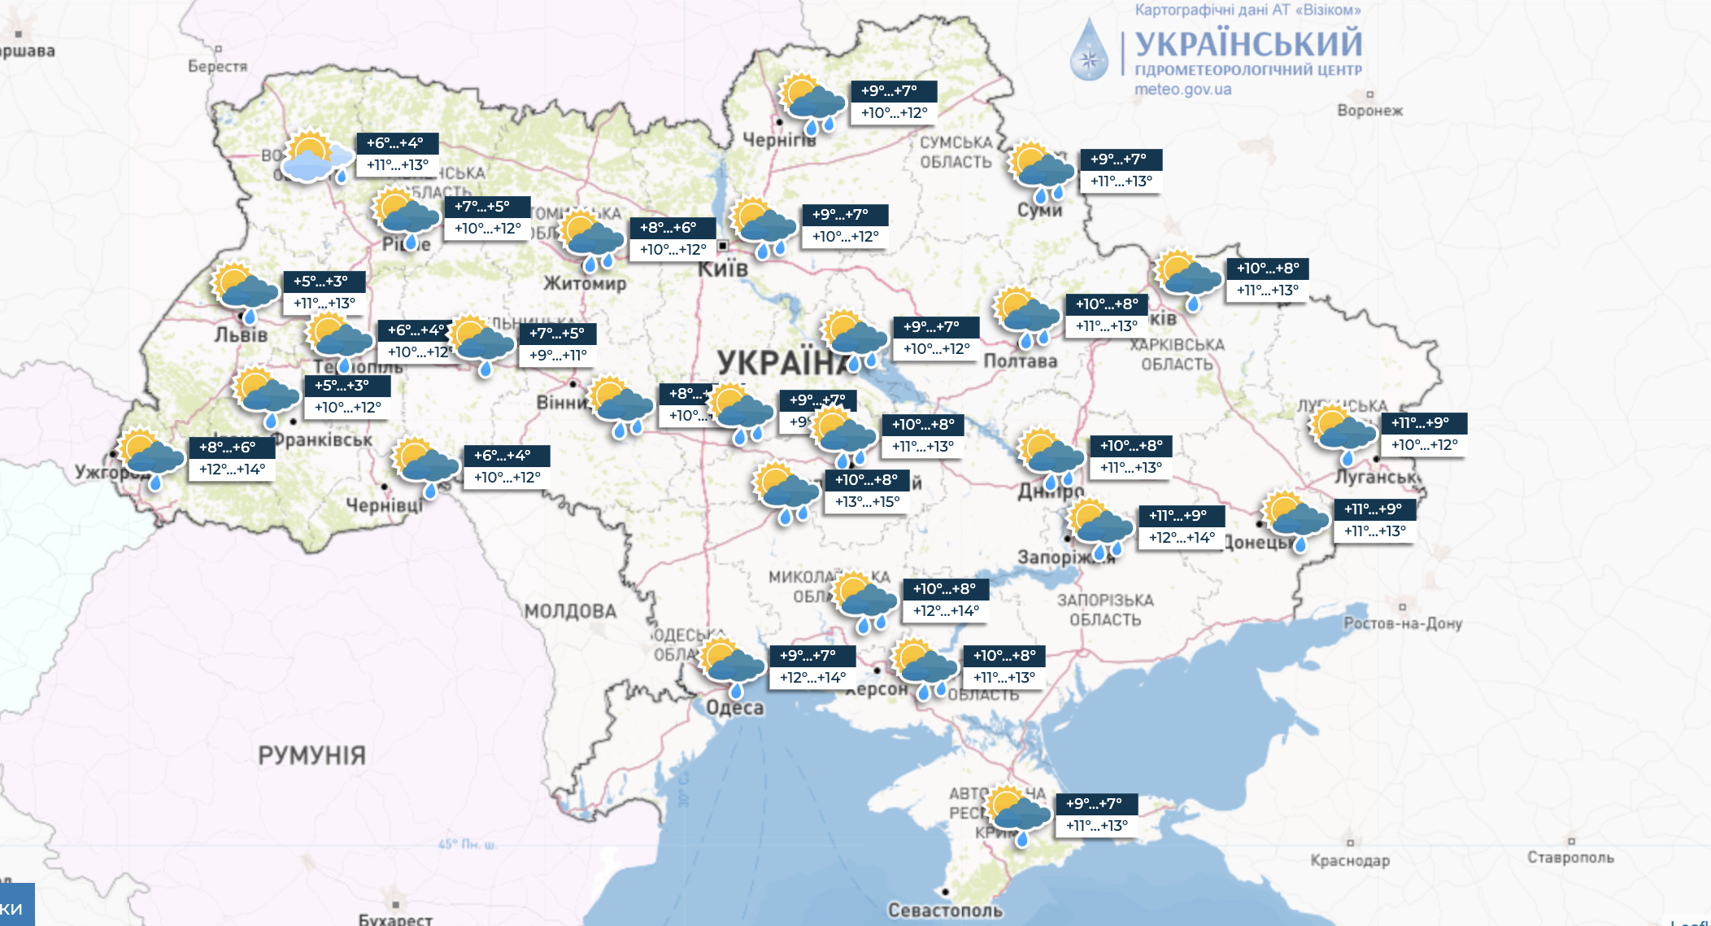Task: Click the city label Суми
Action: tap(1039, 210)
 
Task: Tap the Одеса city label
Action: tap(734, 707)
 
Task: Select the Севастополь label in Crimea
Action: tap(945, 910)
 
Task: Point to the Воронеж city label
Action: tap(1369, 110)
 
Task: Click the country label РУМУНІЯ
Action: tap(311, 755)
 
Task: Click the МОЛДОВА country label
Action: tap(570, 611)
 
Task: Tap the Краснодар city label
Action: tap(1349, 860)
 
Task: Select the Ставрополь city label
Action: tap(1570, 857)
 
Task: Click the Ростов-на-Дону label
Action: tap(1402, 623)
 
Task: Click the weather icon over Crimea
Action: tap(1017, 815)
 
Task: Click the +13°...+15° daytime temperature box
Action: tap(867, 502)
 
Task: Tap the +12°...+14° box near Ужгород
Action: tap(232, 470)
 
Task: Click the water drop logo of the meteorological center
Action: tap(1089, 51)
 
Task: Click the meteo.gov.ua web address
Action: tap(1182, 90)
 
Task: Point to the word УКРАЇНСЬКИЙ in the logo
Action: tap(1247, 42)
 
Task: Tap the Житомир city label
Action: tap(585, 283)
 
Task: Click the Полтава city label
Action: tap(1020, 360)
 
